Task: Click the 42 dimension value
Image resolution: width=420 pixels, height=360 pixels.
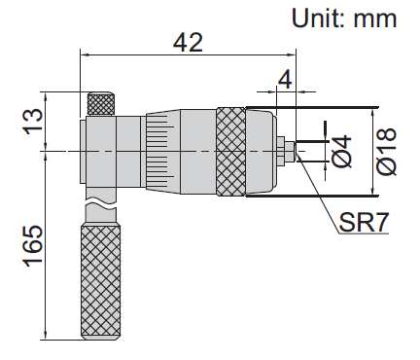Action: pos(188,43)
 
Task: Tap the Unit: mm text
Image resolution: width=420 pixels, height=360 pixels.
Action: pos(344,18)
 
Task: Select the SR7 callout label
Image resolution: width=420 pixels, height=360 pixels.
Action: pos(364,223)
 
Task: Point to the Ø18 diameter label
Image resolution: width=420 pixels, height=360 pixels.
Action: pos(387,152)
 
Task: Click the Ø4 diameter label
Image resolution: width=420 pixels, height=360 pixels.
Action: pos(342,152)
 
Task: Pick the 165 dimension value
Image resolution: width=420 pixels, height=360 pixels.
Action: pos(33,245)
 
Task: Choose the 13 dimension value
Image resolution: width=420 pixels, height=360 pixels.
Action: pos(33,120)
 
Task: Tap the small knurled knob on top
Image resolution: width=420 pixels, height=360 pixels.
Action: pos(101,104)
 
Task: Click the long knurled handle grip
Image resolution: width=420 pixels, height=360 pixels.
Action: pos(100,281)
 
